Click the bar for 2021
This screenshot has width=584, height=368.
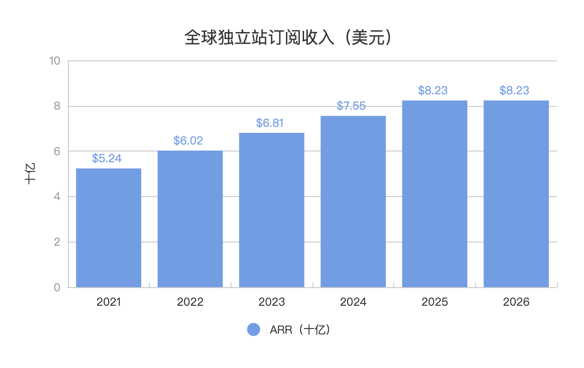pyautogui.click(x=108, y=228)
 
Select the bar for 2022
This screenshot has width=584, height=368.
pyautogui.click(x=190, y=219)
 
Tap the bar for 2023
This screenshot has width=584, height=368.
pyautogui.click(x=272, y=210)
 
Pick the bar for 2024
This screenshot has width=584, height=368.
pyautogui.click(x=353, y=201)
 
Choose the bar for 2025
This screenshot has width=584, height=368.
pyautogui.click(x=434, y=194)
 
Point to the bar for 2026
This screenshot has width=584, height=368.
pyautogui.click(x=516, y=194)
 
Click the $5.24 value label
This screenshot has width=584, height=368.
pyautogui.click(x=107, y=158)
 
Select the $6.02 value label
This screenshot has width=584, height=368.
pyautogui.click(x=188, y=141)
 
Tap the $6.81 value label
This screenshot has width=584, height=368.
pyautogui.click(x=270, y=123)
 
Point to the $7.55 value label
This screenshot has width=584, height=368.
pyautogui.click(x=352, y=106)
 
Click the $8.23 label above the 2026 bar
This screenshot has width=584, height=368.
pyautogui.click(x=514, y=90)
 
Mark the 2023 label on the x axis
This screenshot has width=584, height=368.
pyautogui.click(x=272, y=302)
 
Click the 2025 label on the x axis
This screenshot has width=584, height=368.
pyautogui.click(x=434, y=302)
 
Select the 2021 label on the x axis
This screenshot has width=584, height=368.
pyautogui.click(x=108, y=302)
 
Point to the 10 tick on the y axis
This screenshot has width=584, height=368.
pyautogui.click(x=55, y=61)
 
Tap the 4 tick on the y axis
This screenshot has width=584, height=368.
pyautogui.click(x=57, y=197)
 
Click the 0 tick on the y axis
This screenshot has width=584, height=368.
pyautogui.click(x=57, y=288)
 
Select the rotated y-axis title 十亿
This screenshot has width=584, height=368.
pyautogui.click(x=30, y=174)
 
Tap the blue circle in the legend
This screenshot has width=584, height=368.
pyautogui.click(x=253, y=330)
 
